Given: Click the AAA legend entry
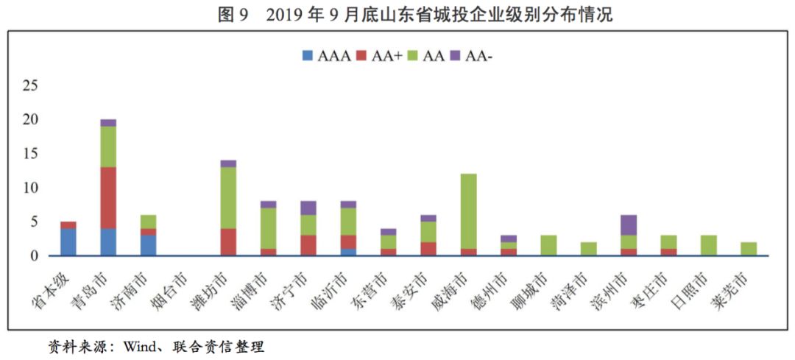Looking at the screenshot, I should [323, 54].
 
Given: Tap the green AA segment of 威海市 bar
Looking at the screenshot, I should [469, 211].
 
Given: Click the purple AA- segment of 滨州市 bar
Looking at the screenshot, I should [629, 225].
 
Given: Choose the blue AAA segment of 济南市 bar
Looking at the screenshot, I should [148, 245].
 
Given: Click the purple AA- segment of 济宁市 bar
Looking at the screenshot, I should [308, 208].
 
